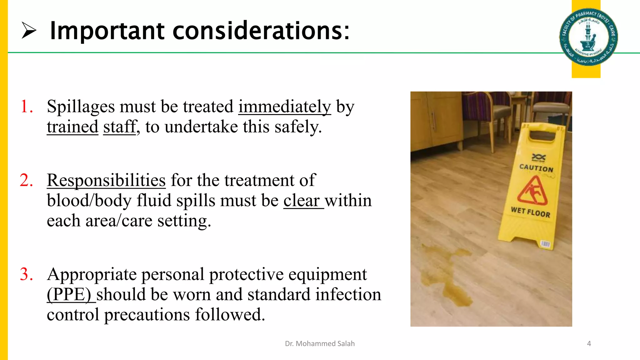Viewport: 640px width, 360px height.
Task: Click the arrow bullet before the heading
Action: tap(29, 31)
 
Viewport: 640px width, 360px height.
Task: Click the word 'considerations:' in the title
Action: tap(261, 31)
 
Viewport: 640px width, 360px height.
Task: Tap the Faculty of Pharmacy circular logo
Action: tap(588, 37)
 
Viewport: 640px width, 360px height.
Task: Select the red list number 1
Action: tap(27, 107)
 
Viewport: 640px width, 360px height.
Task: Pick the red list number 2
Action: tap(27, 180)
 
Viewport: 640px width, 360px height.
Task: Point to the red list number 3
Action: tap(27, 274)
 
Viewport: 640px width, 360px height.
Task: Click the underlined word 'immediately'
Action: tap(284, 107)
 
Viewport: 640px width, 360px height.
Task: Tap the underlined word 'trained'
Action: tap(72, 127)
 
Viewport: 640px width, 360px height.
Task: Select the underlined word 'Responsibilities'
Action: tap(106, 180)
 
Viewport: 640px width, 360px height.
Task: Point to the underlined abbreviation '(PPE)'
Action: tap(69, 294)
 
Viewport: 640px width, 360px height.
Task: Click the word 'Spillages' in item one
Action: tap(81, 107)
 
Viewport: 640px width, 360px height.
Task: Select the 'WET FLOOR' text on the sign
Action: tap(530, 212)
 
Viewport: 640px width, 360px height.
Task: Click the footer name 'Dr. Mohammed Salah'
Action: tap(320, 344)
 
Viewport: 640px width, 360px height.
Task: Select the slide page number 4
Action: tap(589, 344)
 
